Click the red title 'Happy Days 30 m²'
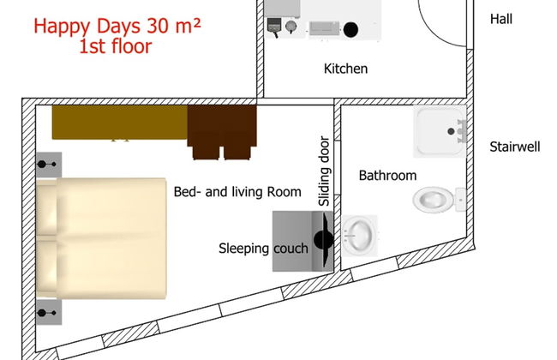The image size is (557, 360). tap(117, 27)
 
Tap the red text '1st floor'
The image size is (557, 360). tap(116, 46)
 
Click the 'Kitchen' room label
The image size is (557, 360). tap(345, 69)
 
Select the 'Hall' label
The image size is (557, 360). tap(501, 19)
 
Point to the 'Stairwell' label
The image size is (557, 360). tap(515, 147)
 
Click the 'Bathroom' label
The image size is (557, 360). tap(387, 176)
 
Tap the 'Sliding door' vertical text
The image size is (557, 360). tap(324, 171)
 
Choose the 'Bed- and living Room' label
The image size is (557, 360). tap(237, 192)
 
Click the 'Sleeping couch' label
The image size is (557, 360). tap(263, 249)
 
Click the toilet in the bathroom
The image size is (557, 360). tap(440, 200)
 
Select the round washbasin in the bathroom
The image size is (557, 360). tap(360, 235)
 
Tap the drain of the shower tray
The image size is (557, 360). tap(451, 131)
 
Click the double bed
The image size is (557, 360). tap(101, 238)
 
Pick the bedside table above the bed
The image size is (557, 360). tap(49, 165)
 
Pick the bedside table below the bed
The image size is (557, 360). tap(49, 312)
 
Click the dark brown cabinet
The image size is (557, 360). tap(222, 132)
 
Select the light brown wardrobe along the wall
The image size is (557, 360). tap(120, 123)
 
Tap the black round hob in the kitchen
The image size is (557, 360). tap(350, 29)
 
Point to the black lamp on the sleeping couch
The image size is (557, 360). tap(324, 240)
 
